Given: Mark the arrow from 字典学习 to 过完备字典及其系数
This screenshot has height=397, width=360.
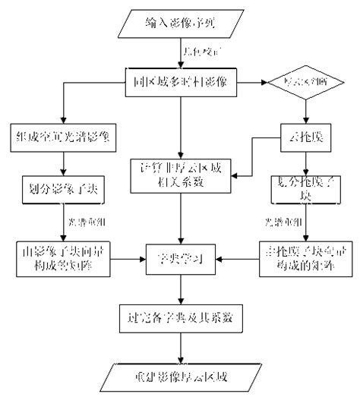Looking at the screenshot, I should [181, 288].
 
